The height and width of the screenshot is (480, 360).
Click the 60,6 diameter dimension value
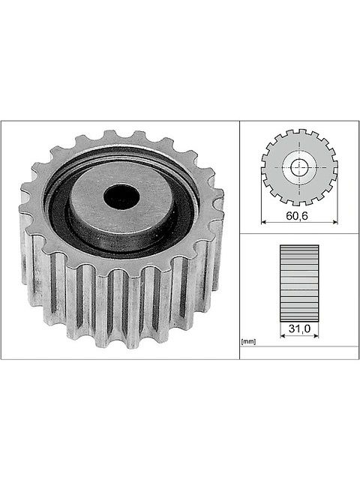pyautogui.click(x=297, y=216)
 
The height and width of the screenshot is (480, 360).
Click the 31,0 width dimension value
pyautogui.click(x=299, y=328)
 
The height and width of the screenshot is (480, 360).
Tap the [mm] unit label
pyautogui.click(x=248, y=342)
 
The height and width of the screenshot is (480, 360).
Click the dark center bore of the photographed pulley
pyautogui.click(x=121, y=196)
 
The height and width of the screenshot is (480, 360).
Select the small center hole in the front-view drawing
pyautogui.click(x=299, y=167)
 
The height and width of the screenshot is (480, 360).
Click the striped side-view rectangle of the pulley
pyautogui.click(x=299, y=283)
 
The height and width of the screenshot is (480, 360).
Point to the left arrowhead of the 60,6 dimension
pyautogui.click(x=264, y=222)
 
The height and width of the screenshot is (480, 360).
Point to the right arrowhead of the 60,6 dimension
pyautogui.click(x=335, y=222)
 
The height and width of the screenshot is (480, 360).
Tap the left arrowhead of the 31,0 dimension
pyautogui.click(x=283, y=336)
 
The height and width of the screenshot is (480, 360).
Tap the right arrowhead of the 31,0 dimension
pyautogui.click(x=316, y=336)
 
